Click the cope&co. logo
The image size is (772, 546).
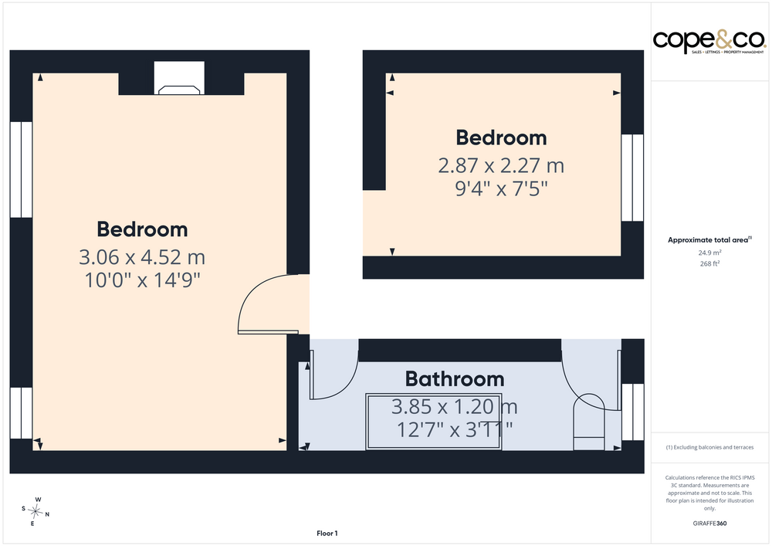coord(709,42)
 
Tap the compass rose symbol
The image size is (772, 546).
coord(36,512)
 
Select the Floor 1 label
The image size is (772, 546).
coord(327,533)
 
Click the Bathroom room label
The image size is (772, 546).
coord(455,379)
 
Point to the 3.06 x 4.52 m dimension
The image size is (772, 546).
coord(142,257)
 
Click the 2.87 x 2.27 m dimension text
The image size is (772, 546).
coord(501,165)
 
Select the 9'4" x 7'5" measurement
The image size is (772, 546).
coord(501,188)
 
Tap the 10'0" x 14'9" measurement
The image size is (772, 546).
coord(142,280)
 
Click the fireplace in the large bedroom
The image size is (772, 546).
coord(179,78)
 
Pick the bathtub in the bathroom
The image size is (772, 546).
coord(434,421)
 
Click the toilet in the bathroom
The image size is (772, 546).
coord(589,422)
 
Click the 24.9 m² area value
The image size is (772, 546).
coord(709,253)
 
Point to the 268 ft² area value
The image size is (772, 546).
coord(709,263)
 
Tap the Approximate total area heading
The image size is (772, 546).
coord(709,239)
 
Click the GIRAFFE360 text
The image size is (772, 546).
coord(709,524)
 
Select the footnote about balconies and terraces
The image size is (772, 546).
coord(709,447)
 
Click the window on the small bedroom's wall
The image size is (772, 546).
coord(632,178)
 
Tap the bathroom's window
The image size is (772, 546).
coord(633,412)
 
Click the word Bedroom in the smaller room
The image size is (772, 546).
coord(501,138)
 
